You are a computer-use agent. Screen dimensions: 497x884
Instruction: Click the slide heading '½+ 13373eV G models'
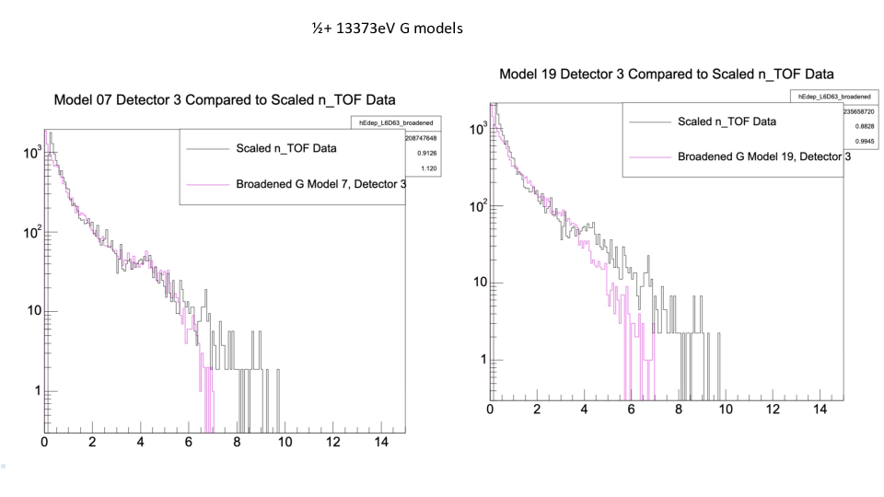pyautogui.click(x=387, y=29)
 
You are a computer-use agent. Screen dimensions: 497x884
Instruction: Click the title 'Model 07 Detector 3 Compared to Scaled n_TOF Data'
pyautogui.click(x=232, y=99)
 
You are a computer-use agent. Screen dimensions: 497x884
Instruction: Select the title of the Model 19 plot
pyautogui.click(x=668, y=74)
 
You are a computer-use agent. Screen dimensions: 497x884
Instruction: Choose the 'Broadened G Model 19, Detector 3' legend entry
pyautogui.click(x=763, y=156)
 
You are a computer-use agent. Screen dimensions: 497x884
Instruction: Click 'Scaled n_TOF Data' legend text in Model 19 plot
pyautogui.click(x=727, y=121)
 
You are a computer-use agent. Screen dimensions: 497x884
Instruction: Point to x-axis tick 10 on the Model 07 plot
pyautogui.click(x=285, y=443)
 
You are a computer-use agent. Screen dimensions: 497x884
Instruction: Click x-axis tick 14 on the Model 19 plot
pyautogui.click(x=820, y=409)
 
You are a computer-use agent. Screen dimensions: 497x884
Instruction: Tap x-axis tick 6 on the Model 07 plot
pyautogui.click(x=189, y=443)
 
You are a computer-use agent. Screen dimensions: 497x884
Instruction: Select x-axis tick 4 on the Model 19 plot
pyautogui.click(x=584, y=409)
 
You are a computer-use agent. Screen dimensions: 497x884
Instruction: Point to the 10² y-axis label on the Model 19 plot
pyautogui.click(x=477, y=206)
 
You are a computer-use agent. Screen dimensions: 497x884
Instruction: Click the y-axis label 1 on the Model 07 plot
pyautogui.click(x=37, y=391)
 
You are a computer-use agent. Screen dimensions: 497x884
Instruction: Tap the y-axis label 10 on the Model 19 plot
pyautogui.click(x=480, y=283)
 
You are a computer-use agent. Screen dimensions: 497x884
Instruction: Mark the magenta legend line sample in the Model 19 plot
pyautogui.click(x=648, y=156)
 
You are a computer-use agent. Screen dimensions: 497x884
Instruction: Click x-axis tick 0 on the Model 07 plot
pyautogui.click(x=44, y=443)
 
